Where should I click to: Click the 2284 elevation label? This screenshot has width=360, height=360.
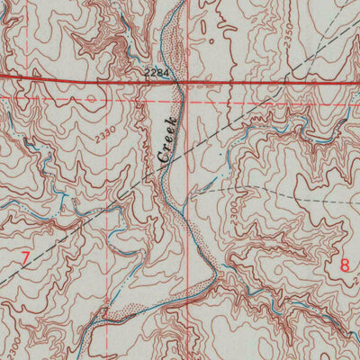156,70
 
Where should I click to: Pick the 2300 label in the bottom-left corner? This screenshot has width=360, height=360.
11,346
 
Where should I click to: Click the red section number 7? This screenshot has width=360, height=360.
25,259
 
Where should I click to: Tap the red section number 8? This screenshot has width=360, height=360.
345,265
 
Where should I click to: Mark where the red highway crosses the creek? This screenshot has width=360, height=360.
180,81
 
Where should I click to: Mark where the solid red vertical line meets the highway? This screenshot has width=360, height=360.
189,81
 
